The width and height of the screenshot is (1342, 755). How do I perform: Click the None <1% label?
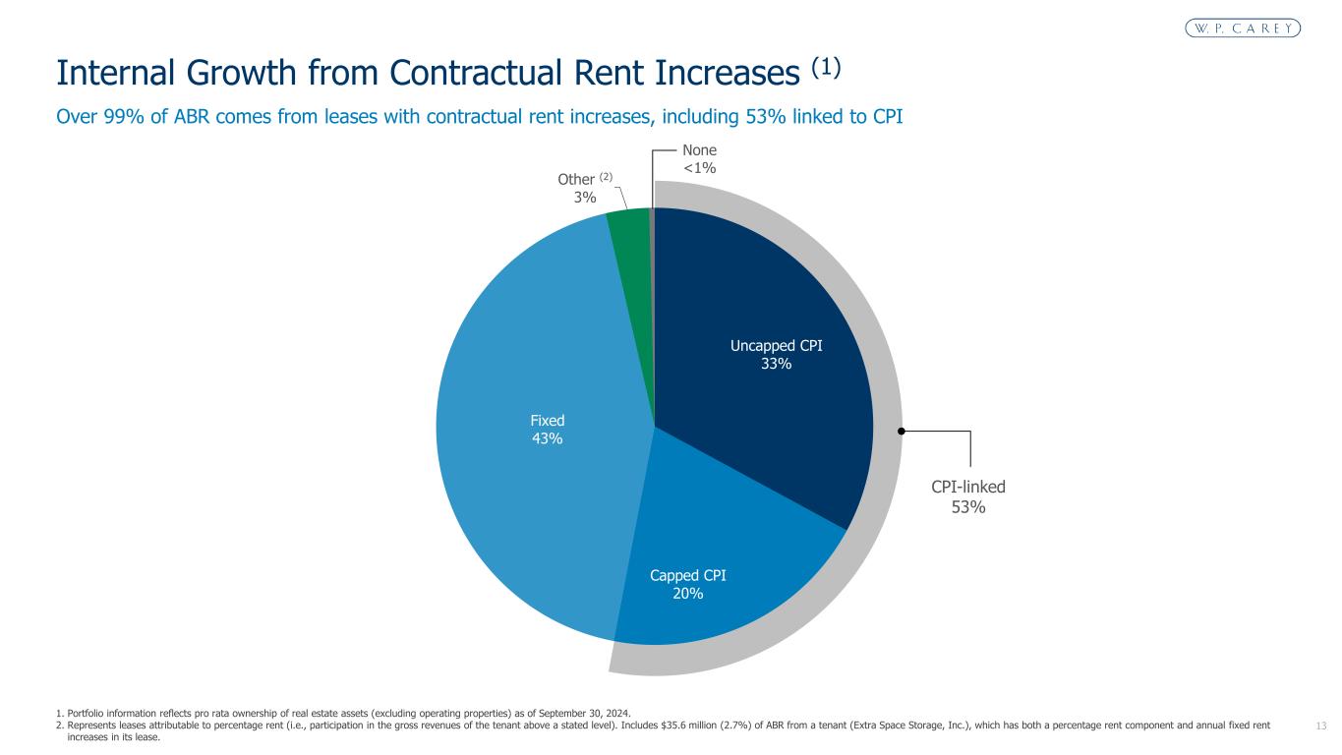click(699, 158)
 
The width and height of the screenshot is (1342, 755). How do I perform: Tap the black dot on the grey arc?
click(901, 431)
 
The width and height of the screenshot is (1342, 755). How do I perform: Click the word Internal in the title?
click(113, 74)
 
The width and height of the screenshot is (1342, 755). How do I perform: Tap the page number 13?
click(1320, 726)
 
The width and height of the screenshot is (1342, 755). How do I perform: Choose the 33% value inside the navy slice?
click(776, 364)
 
